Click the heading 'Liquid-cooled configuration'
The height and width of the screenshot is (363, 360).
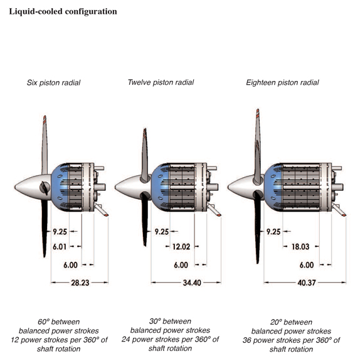click(63, 11)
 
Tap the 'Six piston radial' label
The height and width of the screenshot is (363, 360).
click(53, 83)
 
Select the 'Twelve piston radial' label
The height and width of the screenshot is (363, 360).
click(161, 82)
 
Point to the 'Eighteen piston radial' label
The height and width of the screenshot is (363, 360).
click(282, 83)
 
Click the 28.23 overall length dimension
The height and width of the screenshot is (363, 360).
click(80, 283)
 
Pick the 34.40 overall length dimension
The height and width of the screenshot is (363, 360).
click(192, 283)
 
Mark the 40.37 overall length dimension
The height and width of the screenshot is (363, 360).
click(307, 283)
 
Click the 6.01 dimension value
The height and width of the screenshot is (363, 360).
click(60, 247)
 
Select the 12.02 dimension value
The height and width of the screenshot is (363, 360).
click(181, 247)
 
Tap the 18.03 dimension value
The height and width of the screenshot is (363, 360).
click(300, 247)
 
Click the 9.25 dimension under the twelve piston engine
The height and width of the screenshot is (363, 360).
click(162, 232)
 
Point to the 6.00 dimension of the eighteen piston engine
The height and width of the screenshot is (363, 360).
click(307, 265)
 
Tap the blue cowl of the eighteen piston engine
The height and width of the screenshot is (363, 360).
click(273, 187)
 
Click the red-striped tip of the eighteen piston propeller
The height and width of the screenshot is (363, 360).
click(258, 113)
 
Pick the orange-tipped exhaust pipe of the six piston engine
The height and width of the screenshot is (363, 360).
click(101, 210)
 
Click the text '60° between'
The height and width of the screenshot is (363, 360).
click(59, 322)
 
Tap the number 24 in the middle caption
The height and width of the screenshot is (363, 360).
click(126, 339)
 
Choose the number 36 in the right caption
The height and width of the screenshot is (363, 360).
click(247, 340)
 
